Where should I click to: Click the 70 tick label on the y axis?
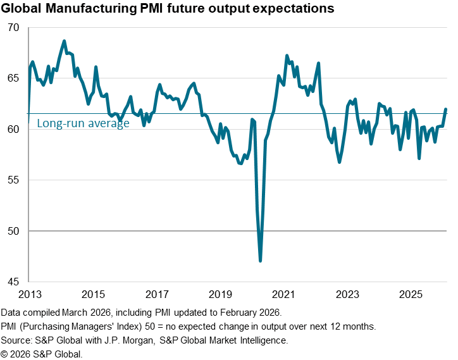pos(14,28)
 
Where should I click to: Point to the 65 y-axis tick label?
pos(14,79)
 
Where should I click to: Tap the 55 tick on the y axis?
pos(14,180)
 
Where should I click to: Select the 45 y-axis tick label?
pos(14,282)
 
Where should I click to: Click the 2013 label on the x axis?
pos(30,294)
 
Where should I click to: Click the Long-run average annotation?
pos(83,123)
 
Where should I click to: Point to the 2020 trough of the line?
pos(260,261)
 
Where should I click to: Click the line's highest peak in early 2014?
pos(65,41)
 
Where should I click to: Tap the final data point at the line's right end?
pos(445,109)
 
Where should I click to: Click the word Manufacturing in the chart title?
pos(89,9)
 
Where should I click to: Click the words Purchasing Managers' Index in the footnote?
pos(85,326)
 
